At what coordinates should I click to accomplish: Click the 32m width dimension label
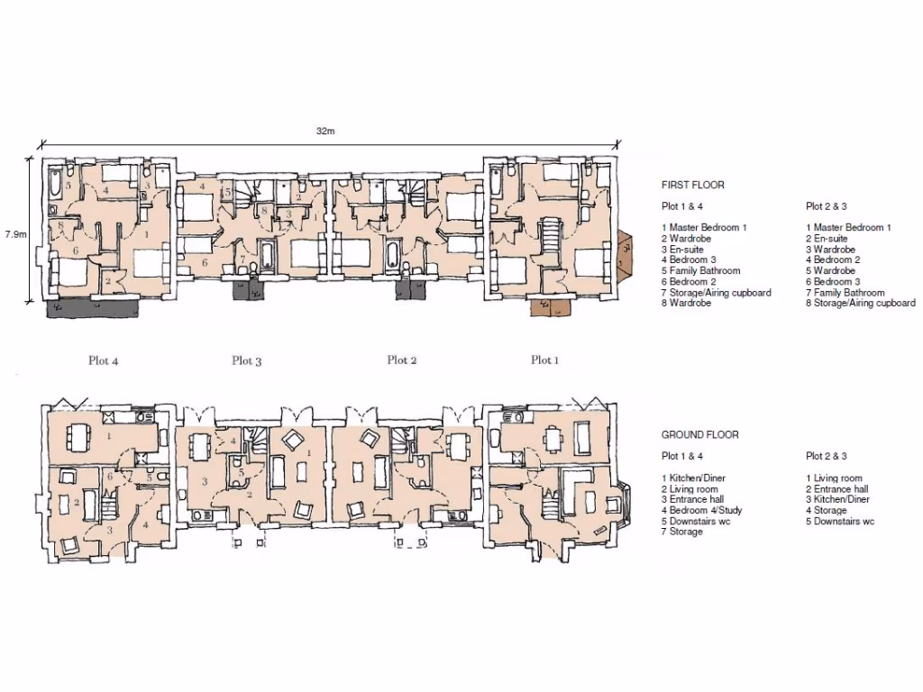click(x=325, y=132)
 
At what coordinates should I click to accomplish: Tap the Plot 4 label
click(x=104, y=360)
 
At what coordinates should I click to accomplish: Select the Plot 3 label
click(x=246, y=360)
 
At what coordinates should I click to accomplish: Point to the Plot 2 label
click(x=402, y=360)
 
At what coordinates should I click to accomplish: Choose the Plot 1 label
click(x=544, y=360)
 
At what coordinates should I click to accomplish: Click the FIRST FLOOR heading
click(x=692, y=185)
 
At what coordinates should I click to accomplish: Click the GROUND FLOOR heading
click(x=699, y=434)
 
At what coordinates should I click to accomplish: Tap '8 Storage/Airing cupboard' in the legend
click(x=860, y=304)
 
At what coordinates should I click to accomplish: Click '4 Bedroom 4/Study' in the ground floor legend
click(x=701, y=510)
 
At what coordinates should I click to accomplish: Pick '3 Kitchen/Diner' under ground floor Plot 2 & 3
click(x=837, y=499)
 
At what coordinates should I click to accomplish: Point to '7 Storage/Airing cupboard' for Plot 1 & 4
click(x=716, y=293)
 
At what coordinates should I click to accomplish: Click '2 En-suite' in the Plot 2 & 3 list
click(x=827, y=239)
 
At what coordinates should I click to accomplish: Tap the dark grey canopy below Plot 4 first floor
click(x=95, y=308)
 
